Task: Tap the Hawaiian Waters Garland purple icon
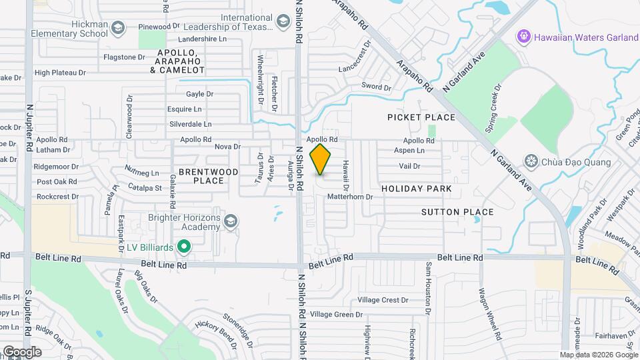coord(524,36)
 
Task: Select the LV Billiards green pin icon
coord(183,247)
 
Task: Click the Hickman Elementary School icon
coord(118,27)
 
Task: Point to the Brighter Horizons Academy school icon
coord(231,221)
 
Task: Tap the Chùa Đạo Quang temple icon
coord(531,161)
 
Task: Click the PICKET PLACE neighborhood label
coord(421,117)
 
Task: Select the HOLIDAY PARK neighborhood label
coord(417,189)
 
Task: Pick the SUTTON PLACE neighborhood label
coord(457,212)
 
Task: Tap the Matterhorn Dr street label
coord(349,197)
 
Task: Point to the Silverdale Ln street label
coord(191,124)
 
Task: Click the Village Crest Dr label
coord(383,300)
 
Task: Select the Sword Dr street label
coord(376,87)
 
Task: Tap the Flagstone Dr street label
coord(125,57)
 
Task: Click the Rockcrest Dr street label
coord(58,197)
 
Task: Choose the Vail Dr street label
coord(409,166)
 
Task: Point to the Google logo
coord(22,351)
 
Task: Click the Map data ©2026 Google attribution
coord(599,355)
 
